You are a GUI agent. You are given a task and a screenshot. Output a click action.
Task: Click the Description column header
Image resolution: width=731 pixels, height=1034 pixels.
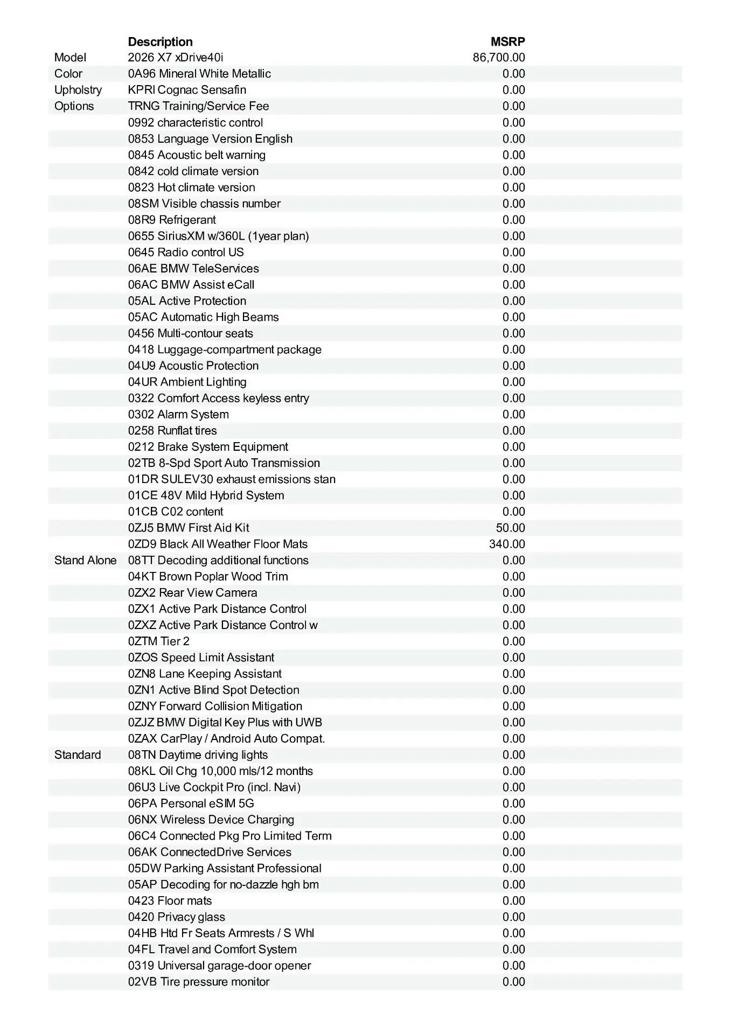click(160, 41)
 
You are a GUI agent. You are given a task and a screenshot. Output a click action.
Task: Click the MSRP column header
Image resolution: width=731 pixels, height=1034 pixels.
click(507, 41)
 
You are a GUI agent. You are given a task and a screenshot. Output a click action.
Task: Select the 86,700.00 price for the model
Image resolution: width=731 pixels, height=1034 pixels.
click(499, 58)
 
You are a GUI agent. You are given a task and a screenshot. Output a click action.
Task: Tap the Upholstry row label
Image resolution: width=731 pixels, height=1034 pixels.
click(78, 90)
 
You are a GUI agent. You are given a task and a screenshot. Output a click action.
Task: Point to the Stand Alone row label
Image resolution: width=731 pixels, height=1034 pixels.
click(85, 560)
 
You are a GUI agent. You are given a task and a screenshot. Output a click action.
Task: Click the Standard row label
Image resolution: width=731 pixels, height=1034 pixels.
click(78, 754)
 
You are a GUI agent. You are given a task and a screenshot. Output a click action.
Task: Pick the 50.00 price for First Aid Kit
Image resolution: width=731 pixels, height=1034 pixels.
click(510, 528)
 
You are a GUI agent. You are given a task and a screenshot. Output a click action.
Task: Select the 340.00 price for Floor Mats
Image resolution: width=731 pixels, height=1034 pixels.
click(507, 544)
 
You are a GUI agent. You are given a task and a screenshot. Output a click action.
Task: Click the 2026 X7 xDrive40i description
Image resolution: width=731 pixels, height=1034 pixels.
click(176, 58)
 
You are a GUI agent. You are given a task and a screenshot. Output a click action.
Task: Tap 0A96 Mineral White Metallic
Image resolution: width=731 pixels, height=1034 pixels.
click(199, 74)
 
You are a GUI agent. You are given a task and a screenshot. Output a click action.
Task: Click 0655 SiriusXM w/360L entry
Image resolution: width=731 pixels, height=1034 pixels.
click(218, 236)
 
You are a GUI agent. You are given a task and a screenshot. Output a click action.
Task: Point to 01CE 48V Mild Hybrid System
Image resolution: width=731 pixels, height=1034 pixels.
click(206, 495)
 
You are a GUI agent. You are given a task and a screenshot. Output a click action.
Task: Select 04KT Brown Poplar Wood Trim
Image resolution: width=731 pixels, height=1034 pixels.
click(208, 576)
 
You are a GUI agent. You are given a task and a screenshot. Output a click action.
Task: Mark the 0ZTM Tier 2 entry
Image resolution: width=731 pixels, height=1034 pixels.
click(159, 641)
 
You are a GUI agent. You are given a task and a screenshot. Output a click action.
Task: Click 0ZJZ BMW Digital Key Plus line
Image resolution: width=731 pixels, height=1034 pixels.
click(225, 722)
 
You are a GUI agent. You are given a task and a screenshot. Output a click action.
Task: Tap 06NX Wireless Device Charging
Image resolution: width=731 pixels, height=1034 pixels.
click(211, 819)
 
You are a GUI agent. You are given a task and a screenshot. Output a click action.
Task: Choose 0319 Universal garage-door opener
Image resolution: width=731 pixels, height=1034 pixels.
click(219, 965)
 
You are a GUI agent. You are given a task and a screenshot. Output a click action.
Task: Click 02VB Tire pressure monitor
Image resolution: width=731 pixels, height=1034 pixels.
click(199, 981)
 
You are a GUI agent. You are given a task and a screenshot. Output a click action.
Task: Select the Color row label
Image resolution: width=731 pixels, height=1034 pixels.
click(68, 74)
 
